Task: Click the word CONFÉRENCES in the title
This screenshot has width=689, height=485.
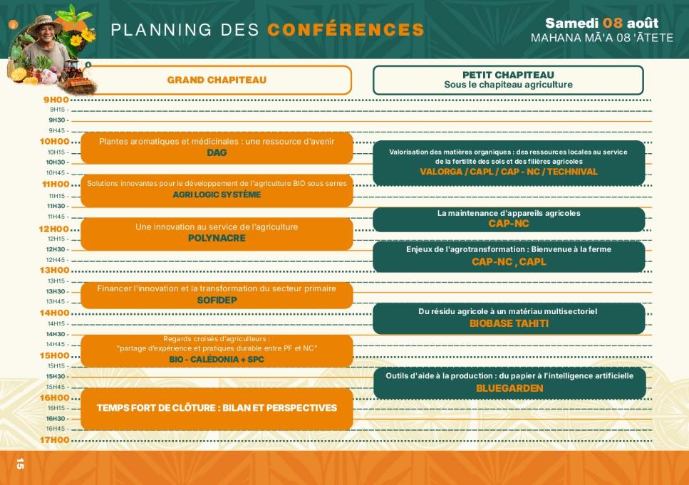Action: [346, 29]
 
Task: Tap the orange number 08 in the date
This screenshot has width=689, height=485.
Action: [613, 23]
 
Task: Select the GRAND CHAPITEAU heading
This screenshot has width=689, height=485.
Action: [217, 80]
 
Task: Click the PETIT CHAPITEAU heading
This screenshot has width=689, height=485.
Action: [508, 75]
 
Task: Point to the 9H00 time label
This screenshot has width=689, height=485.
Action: [56, 100]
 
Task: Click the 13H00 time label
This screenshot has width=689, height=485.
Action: [54, 270]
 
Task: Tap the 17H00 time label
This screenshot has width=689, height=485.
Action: [54, 439]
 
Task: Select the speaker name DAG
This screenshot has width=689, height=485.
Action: [217, 152]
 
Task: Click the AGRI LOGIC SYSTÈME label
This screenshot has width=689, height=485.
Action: [217, 194]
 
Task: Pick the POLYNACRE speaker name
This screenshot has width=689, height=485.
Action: [217, 238]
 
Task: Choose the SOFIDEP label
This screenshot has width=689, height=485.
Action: [217, 300]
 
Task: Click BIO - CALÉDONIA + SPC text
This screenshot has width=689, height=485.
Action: [217, 360]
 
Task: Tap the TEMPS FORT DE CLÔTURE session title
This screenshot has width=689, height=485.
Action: [217, 407]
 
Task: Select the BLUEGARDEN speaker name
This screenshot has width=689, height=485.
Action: [509, 388]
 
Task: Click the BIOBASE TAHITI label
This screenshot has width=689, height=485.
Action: [509, 323]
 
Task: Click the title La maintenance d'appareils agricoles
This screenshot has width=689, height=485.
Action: [509, 213]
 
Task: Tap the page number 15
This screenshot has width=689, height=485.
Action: [20, 464]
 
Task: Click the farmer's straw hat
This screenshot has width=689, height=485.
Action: [45, 24]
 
